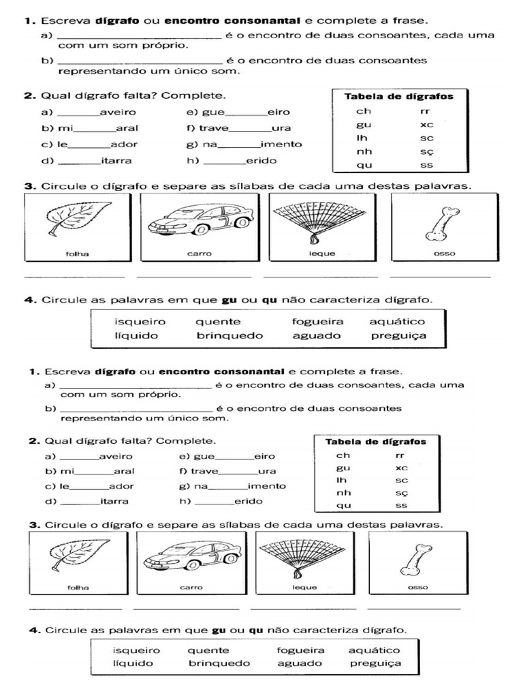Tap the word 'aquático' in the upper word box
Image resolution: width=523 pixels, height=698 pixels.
pos(397,322)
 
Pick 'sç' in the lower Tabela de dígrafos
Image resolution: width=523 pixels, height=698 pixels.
pos(401,492)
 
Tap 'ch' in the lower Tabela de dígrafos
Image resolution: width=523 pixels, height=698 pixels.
pos(343,455)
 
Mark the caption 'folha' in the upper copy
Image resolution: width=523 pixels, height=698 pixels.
pos(76,254)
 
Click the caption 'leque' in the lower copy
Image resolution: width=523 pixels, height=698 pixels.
pos(304,587)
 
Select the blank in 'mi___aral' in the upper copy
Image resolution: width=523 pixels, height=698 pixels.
pos(94,130)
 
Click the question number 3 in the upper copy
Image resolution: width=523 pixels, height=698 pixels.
pos(29,185)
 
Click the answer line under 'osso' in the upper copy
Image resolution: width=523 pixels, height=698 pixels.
pos(440,276)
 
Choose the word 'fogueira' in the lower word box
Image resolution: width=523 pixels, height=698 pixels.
pos(300,650)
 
